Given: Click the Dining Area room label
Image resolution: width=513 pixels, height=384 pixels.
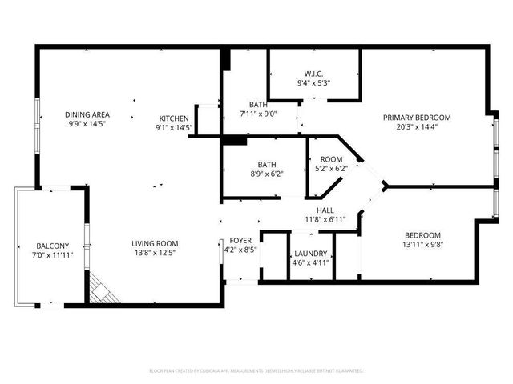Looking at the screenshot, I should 87,114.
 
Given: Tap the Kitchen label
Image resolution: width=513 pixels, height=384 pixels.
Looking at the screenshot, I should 173,117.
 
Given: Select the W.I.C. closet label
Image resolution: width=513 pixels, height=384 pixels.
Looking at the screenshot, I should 314,73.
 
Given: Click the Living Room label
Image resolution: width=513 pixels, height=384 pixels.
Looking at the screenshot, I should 156,243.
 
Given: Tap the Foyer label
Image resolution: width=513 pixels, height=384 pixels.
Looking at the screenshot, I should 241,240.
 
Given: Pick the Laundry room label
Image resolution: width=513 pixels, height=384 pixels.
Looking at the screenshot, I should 309,253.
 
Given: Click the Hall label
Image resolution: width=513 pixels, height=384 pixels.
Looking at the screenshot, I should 325,209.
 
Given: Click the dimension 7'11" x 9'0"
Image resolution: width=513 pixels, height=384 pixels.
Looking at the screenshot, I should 258,114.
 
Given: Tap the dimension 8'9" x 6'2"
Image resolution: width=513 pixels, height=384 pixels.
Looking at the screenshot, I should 266,174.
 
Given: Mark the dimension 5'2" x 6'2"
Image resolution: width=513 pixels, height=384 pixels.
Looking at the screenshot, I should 331,168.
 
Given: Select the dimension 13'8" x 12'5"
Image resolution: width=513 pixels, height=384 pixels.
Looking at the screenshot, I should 156,253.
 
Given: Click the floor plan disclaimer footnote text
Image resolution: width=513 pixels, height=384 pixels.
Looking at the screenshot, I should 256,371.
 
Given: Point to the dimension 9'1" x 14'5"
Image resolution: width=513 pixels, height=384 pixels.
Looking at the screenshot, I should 173,126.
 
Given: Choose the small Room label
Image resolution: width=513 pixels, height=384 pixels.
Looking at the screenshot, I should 331,159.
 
